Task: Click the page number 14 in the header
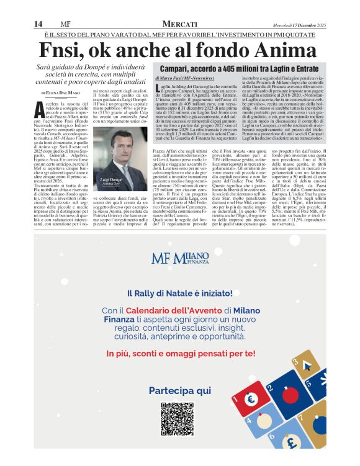pyautogui.click(x=38, y=24)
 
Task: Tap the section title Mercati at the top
pyautogui.click(x=180, y=24)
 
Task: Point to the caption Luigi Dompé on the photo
pyautogui.click(x=113, y=179)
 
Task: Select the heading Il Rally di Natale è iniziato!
pyautogui.click(x=180, y=293)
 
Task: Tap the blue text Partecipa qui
pyautogui.click(x=180, y=390)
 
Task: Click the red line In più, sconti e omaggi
pyautogui.click(x=180, y=353)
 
